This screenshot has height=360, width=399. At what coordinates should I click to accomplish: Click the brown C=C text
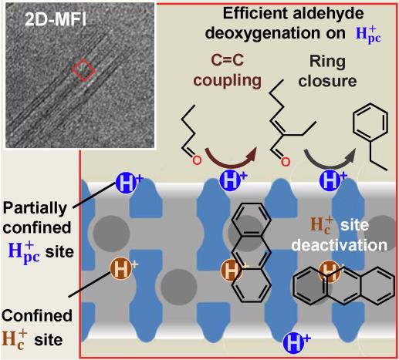pyautogui.click(x=228, y=61)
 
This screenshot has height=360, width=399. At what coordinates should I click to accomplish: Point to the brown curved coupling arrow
pyautogui.click(x=231, y=156)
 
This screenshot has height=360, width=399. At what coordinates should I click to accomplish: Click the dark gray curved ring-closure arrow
pyautogui.click(x=330, y=157)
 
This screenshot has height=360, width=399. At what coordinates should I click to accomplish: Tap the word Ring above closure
pyautogui.click(x=327, y=62)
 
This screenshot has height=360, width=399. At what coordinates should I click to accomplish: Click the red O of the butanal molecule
pyautogui.click(x=197, y=160)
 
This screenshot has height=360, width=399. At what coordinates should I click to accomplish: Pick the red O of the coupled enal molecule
pyautogui.click(x=285, y=162)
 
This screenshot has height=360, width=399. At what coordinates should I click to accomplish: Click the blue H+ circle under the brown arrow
pyautogui.click(x=231, y=180)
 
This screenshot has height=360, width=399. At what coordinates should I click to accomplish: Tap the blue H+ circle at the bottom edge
pyautogui.click(x=294, y=342)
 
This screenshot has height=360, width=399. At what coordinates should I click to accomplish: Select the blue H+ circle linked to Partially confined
pyautogui.click(x=126, y=183)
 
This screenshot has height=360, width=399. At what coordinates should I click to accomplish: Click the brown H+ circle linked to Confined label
pyautogui.click(x=121, y=268)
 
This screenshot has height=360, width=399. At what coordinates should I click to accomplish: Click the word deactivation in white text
pyautogui.click(x=340, y=246)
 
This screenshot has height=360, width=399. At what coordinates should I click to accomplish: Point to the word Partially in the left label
pyautogui.click(x=35, y=210)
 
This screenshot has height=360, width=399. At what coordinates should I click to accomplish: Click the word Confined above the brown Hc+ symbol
pyautogui.click(x=37, y=315)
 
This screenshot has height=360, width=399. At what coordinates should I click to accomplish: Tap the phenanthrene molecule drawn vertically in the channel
pyautogui.click(x=252, y=252)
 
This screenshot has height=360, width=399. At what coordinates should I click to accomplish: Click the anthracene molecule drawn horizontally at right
pyautogui.click(x=344, y=286)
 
